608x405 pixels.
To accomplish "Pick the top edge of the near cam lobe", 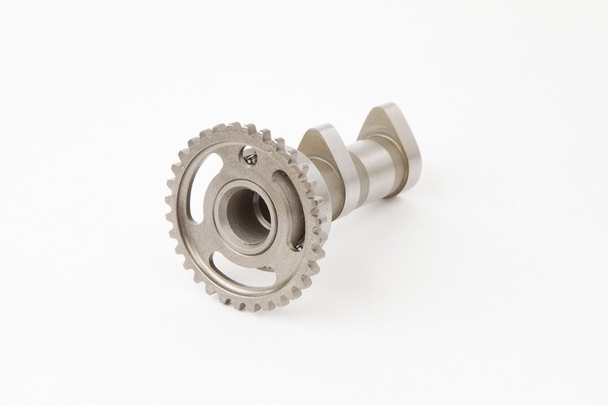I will coord(312,130).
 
